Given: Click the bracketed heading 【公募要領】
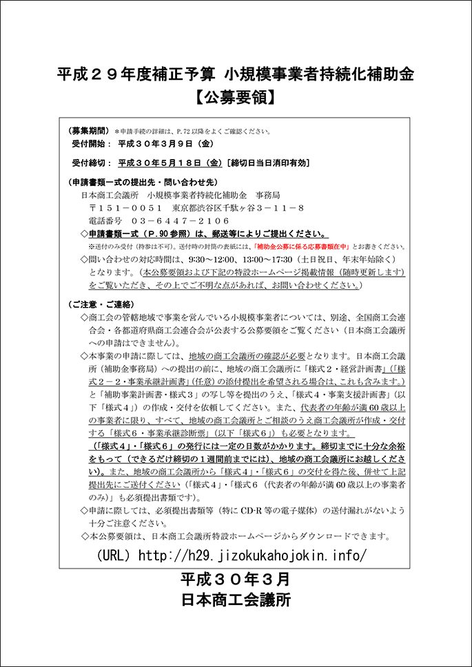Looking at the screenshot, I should click(236, 98).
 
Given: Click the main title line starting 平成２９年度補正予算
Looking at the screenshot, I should click(236, 74).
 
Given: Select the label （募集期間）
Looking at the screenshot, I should click(89, 131).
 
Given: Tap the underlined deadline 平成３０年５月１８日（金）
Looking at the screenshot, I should click(169, 163).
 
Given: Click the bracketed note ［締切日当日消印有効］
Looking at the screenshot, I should click(268, 163).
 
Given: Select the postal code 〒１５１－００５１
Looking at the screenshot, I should click(121, 208).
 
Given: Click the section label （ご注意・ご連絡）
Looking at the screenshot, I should click(101, 304).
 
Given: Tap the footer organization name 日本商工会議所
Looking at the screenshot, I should click(236, 600).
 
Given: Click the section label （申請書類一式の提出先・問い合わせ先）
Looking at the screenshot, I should click(143, 182).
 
